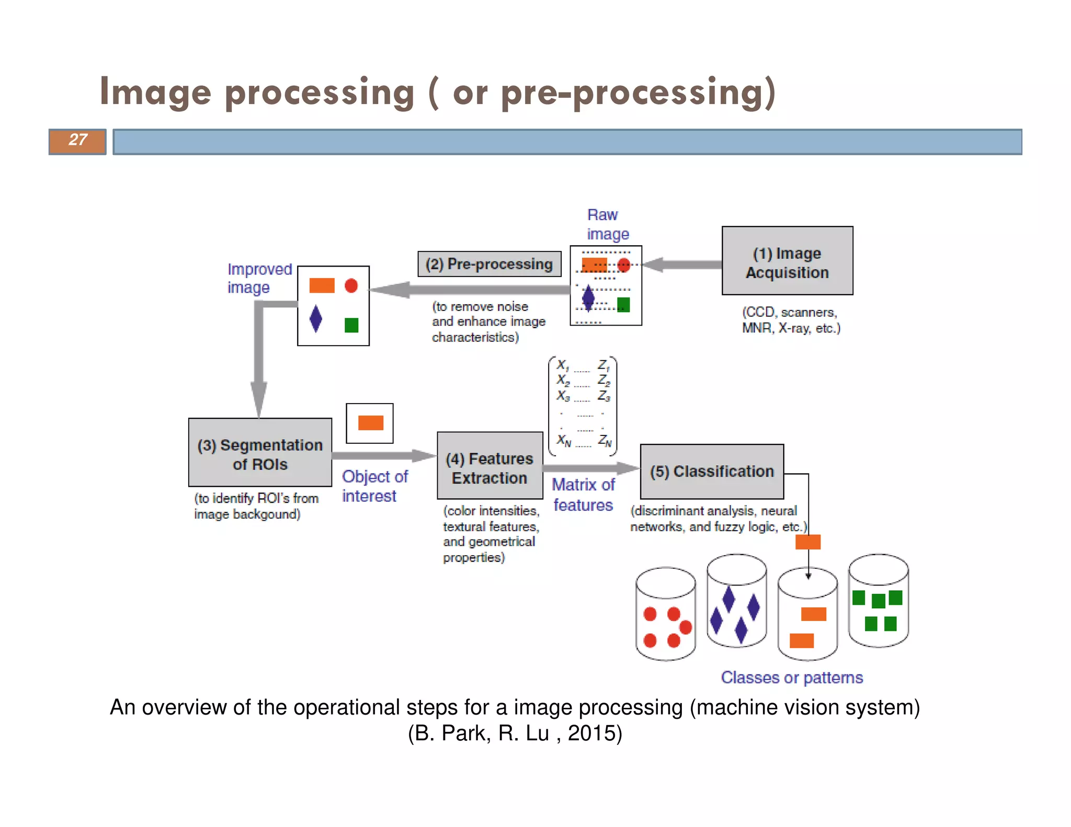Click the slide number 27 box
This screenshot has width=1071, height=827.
coord(77,141)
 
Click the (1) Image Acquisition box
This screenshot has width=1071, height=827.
coord(787,261)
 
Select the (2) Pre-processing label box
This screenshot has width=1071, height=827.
coord(489,264)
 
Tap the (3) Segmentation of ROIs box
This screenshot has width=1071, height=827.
coord(260,453)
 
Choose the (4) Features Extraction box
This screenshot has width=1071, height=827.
coord(489,466)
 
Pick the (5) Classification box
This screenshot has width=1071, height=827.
coord(712,472)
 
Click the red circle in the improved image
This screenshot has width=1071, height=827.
coord(351,285)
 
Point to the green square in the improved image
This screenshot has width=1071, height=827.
coord(351,325)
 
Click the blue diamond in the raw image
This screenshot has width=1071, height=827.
coord(588,298)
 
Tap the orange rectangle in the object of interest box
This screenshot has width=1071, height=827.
coord(370,423)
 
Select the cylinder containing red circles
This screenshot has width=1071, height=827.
coord(666,614)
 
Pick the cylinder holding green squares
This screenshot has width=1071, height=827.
coord(879,601)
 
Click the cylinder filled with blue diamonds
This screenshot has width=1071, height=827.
coord(736,601)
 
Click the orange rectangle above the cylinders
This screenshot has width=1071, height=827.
coord(808,542)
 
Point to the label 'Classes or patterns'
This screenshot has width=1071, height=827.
coord(792,677)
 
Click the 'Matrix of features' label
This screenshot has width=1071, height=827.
coord(583,495)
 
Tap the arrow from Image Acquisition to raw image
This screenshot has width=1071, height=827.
coord(682,265)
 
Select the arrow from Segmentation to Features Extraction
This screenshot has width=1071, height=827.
coord(384,456)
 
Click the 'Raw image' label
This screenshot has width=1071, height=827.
coord(607,224)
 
